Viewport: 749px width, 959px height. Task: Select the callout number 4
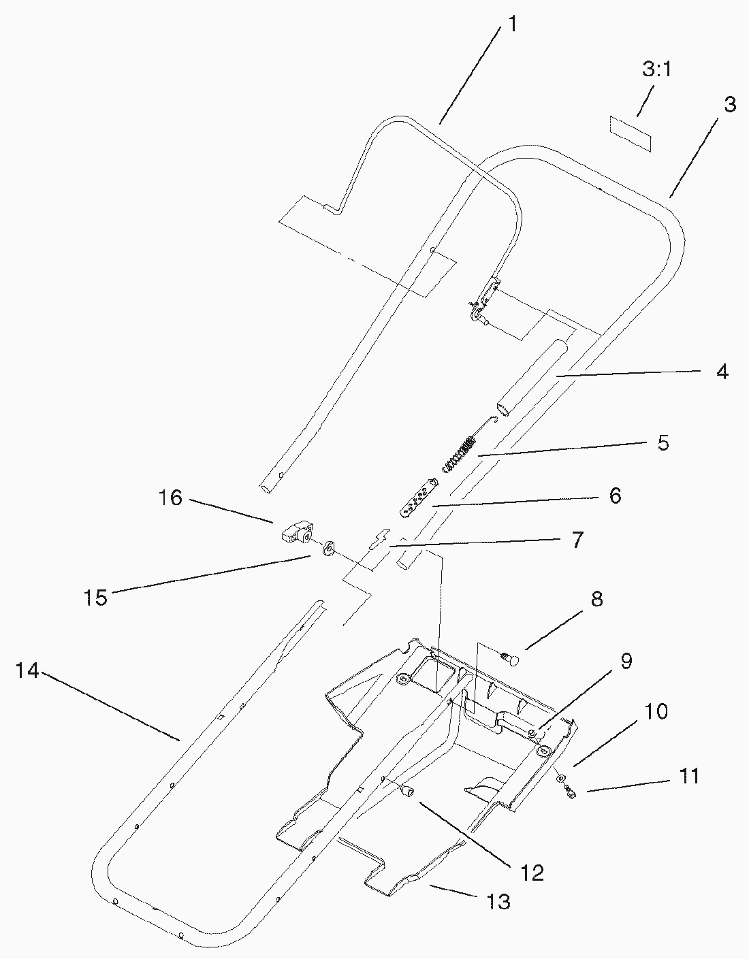coord(722,372)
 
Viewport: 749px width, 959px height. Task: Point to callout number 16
coord(171,498)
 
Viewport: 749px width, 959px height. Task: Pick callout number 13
coord(498,902)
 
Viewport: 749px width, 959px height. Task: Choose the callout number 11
coord(689,776)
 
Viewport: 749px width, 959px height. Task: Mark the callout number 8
coord(596,600)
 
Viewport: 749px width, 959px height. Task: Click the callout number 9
coord(626,661)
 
